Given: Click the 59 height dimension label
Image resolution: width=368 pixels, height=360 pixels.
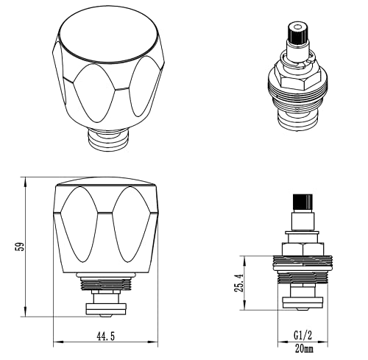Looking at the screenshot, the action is (x=20, y=247).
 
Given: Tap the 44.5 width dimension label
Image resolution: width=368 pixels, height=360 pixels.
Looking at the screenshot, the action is (x=105, y=336).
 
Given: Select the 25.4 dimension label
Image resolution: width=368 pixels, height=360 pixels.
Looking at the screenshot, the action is (x=239, y=283).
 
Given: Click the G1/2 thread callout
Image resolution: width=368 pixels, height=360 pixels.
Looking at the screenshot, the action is (x=302, y=335).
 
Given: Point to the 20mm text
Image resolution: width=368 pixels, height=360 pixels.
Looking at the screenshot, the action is (x=304, y=348).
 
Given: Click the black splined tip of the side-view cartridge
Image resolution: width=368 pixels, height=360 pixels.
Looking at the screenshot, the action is (x=303, y=202).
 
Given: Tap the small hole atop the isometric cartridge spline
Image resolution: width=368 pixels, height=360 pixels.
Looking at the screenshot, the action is (x=297, y=26).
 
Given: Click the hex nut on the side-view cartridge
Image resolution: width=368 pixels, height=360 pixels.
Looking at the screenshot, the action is (x=302, y=249).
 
